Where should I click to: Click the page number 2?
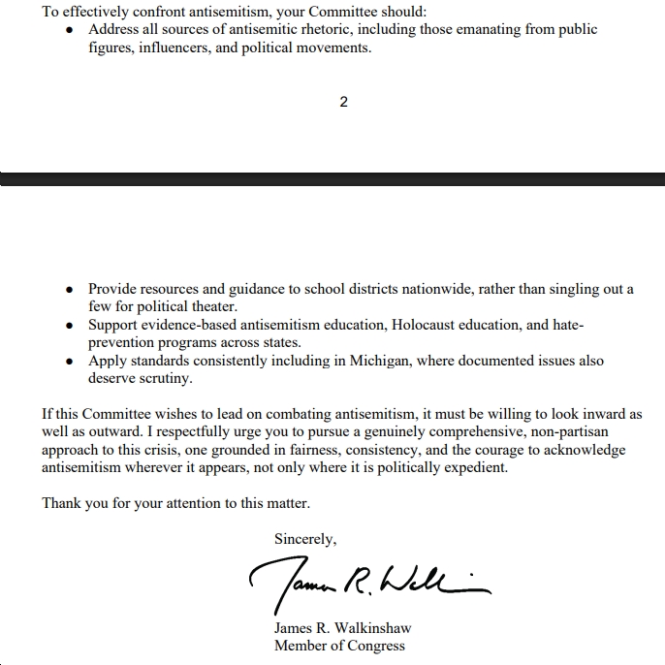click(x=343, y=102)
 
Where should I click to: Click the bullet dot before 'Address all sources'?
click(x=69, y=30)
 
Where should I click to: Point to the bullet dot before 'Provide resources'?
click(x=69, y=290)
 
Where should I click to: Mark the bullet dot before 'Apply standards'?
click(x=69, y=362)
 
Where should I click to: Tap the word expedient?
click(x=474, y=467)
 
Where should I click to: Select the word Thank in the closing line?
click(x=61, y=504)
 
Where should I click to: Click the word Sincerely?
click(x=305, y=539)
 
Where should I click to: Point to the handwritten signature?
click(x=368, y=581)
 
